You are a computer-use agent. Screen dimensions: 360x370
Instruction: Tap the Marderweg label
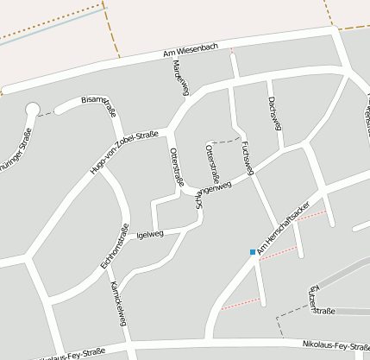tap(180, 79)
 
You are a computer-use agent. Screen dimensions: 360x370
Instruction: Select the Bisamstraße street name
tap(98, 104)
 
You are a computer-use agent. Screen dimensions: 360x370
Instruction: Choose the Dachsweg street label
tap(274, 111)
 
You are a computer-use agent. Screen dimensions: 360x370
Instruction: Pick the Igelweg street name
tap(150, 233)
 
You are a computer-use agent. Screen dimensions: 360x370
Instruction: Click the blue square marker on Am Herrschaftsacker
tap(253, 252)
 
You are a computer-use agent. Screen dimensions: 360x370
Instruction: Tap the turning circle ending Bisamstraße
tap(33, 110)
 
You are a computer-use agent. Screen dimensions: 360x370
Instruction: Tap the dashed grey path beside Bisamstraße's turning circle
tap(47, 113)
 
